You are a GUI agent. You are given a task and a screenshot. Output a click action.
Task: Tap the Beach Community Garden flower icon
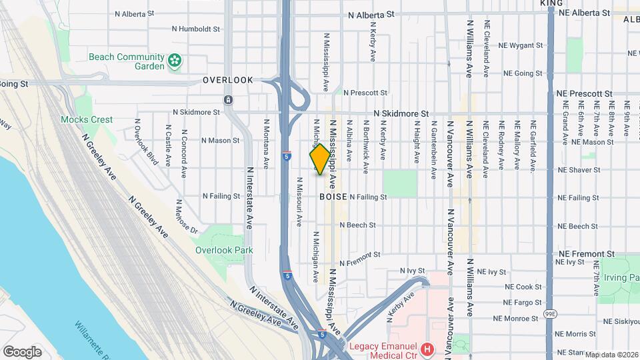pyautogui.click(x=175, y=62)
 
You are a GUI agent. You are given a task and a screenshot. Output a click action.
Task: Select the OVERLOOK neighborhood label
pyautogui.click(x=228, y=80)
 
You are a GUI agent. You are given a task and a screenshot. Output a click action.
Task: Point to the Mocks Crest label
pyautogui.click(x=87, y=120)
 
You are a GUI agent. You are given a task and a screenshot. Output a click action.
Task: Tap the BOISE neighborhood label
pyautogui.click(x=333, y=197)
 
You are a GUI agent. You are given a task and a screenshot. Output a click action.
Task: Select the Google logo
pyautogui.click(x=22, y=351)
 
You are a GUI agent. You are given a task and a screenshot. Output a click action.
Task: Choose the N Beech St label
pyautogui.click(x=358, y=225)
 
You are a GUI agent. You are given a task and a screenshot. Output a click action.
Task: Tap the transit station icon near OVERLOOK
pyautogui.click(x=228, y=100)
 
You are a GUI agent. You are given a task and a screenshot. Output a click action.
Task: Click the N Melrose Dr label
pyautogui.click(x=186, y=217)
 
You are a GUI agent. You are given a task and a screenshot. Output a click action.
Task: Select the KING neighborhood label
pyautogui.click(x=551, y=3)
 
